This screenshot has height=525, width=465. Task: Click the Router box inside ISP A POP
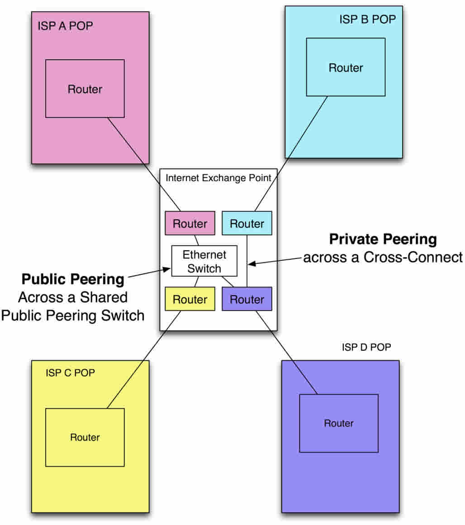click(85, 89)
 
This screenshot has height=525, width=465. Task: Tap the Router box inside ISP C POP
click(85, 437)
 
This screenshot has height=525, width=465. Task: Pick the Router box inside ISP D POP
click(339, 423)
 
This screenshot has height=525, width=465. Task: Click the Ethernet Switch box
click(204, 261)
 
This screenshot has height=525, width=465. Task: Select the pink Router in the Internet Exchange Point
click(190, 224)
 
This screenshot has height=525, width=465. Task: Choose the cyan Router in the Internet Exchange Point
click(247, 224)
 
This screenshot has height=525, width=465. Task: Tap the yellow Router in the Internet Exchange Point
click(190, 299)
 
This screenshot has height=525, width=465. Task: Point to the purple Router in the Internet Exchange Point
click(247, 299)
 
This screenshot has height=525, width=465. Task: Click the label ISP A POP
click(65, 26)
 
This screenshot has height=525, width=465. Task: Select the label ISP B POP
click(367, 19)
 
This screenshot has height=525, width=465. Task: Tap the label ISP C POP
click(70, 373)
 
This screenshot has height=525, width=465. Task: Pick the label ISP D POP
click(366, 348)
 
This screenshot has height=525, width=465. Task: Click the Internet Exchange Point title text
click(218, 178)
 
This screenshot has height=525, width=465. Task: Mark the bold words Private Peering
click(383, 239)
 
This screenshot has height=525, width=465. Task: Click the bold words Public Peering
click(73, 279)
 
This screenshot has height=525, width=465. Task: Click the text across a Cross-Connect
click(383, 257)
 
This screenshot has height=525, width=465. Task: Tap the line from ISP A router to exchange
click(144, 164)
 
